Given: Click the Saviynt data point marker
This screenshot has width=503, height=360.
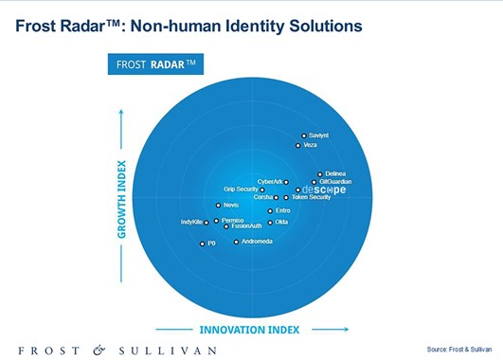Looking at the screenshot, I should coord(303,136).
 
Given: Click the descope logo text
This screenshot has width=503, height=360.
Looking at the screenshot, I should coord(325,189).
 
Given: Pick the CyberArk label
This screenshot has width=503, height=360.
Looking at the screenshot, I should coord(271,182).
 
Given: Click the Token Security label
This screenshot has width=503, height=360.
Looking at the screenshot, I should coord(311,197).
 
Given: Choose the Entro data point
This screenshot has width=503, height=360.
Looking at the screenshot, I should coord(270,210).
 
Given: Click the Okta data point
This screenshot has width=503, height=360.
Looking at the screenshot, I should coord(270,222).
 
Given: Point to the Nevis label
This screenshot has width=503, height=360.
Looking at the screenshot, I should coord(232,205).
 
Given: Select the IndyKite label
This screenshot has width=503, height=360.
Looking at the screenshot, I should coord(191,222).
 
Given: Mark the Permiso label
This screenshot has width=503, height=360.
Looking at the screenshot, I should coord(232,220).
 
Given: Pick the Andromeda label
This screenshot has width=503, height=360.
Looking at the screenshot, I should coord(258,242).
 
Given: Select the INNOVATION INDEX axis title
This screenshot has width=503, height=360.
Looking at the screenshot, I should coord(250,330).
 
